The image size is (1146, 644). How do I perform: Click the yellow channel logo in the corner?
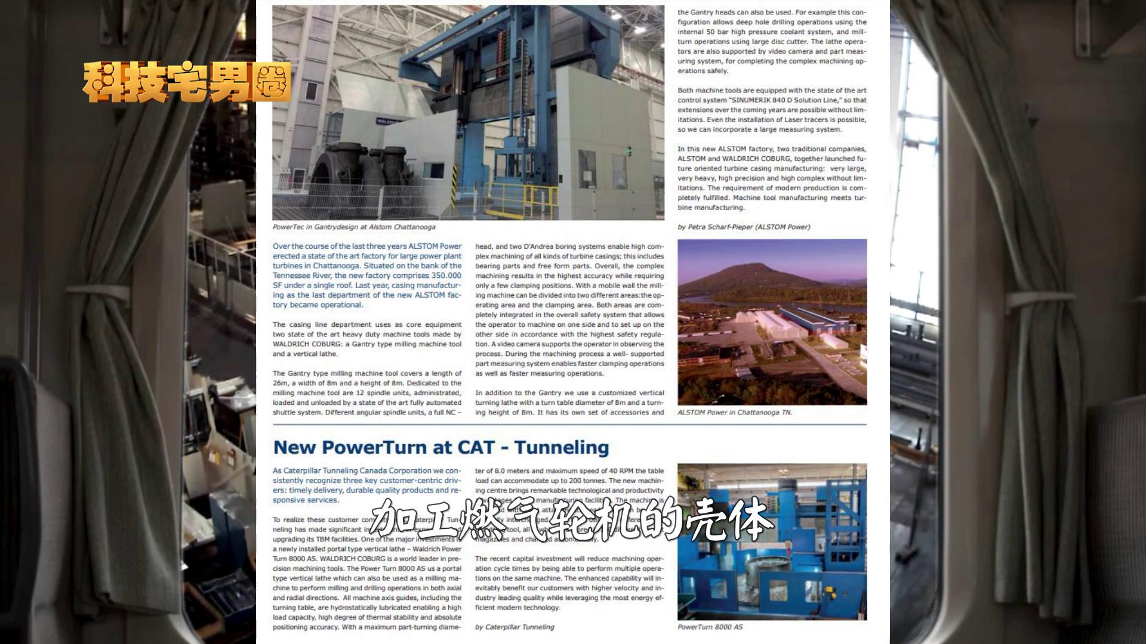point(186,82)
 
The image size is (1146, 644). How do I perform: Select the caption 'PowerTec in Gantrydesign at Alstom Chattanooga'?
point(354,227)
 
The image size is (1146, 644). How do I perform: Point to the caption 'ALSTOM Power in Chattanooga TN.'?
point(735,413)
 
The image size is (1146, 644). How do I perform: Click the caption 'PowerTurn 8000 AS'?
point(710,627)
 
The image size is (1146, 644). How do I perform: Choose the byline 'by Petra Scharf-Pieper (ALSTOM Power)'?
point(744,227)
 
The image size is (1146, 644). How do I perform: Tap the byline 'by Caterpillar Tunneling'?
point(515,627)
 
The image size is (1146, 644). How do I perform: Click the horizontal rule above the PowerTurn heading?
point(569,425)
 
